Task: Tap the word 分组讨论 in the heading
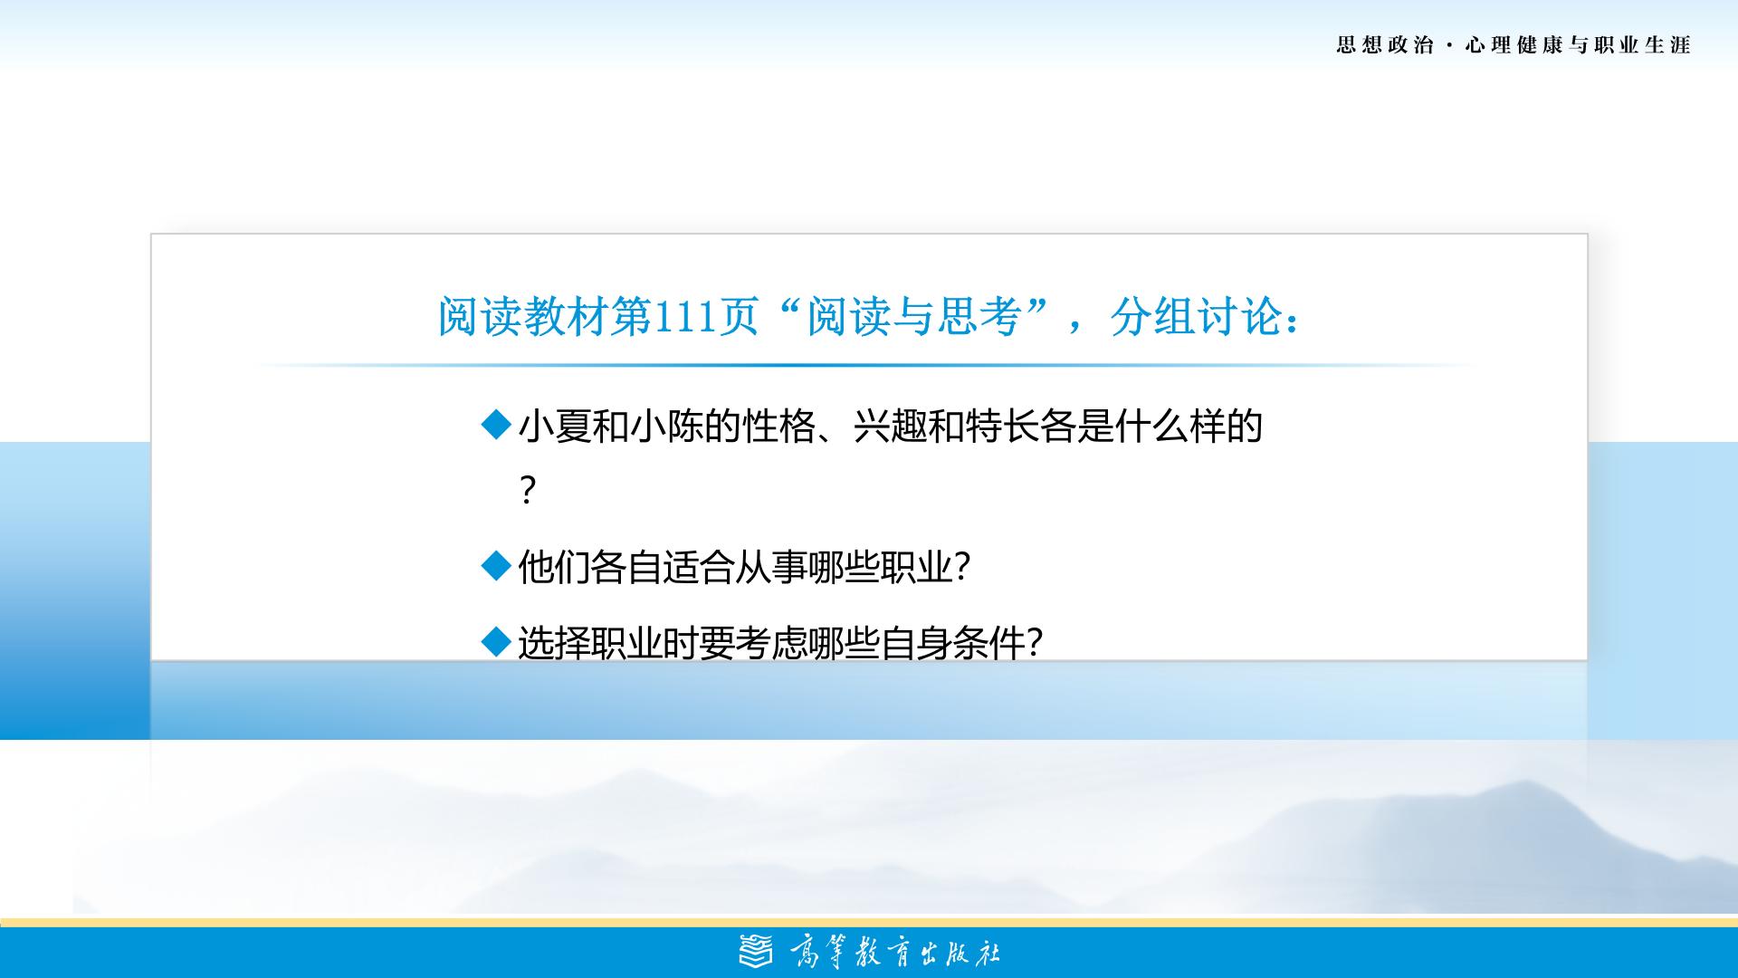coord(1195,317)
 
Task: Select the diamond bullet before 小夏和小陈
coord(497,425)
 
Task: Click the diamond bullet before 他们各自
coord(497,567)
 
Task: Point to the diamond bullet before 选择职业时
coord(497,643)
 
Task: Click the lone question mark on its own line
coord(529,491)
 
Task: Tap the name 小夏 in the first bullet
coord(555,426)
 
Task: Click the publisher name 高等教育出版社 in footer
coord(894,953)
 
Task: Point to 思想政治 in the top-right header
coord(1385,45)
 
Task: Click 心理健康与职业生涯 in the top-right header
coord(1579,45)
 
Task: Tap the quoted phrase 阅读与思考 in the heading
coord(913,317)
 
